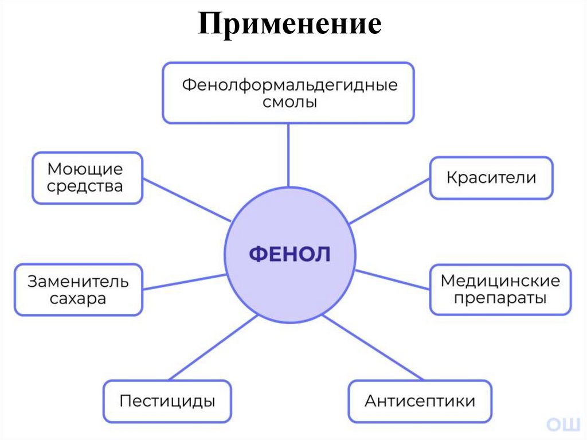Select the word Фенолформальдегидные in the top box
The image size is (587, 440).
(289, 85)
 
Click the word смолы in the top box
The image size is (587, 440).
(289, 103)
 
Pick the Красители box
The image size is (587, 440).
(491, 178)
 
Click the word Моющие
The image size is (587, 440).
(85, 169)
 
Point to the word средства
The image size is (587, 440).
(85, 186)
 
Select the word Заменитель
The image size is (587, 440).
(79, 282)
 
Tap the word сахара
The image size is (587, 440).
(79, 299)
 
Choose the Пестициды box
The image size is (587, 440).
(167, 400)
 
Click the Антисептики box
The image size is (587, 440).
(420, 400)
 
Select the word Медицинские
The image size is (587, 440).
(500, 281)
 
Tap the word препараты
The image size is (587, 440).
(500, 298)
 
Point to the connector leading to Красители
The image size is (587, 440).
(390, 200)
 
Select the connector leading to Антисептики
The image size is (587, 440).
(373, 346)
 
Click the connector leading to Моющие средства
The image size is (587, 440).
(187, 200)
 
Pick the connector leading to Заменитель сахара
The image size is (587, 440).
(183, 283)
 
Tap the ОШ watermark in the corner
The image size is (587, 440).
(563, 424)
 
